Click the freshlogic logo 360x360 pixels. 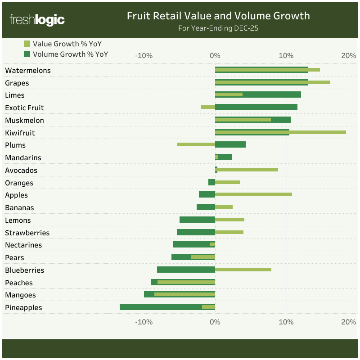tap(37, 20)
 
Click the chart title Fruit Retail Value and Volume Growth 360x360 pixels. tap(218, 16)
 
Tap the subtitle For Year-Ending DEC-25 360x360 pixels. tap(218, 28)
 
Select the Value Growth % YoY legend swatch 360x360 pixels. tap(27, 44)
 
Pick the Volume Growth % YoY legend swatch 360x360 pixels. tap(27, 54)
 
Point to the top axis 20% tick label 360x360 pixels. tap(348, 56)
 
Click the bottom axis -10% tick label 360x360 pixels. tap(144, 322)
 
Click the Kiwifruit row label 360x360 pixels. tap(20, 133)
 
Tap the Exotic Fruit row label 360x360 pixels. tap(24, 108)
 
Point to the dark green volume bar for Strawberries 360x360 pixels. tap(196, 232)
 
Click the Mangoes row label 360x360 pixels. tap(20, 295)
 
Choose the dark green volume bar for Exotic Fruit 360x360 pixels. tap(256, 107)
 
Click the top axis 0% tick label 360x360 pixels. tap(215, 56)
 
